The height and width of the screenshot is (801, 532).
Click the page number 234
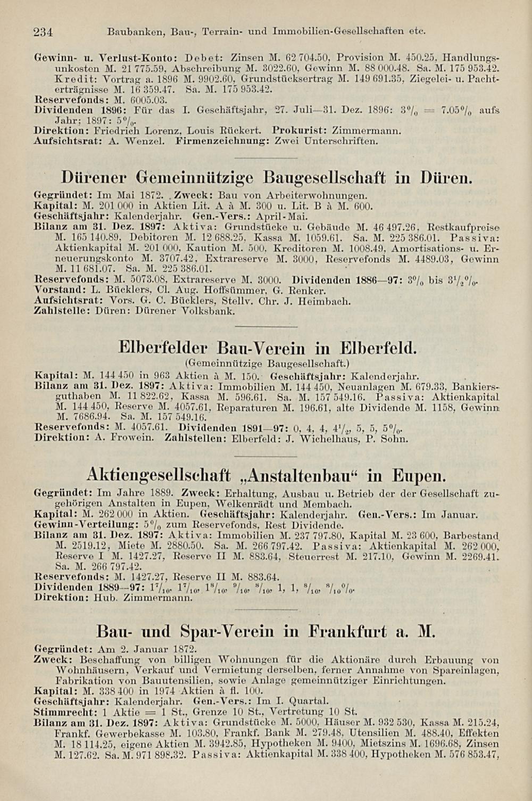click(x=42, y=32)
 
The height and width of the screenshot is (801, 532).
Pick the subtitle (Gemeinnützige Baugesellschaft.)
click(x=265, y=365)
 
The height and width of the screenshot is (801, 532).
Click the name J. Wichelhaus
click(x=331, y=439)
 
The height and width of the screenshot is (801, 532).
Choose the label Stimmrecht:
click(x=65, y=711)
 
